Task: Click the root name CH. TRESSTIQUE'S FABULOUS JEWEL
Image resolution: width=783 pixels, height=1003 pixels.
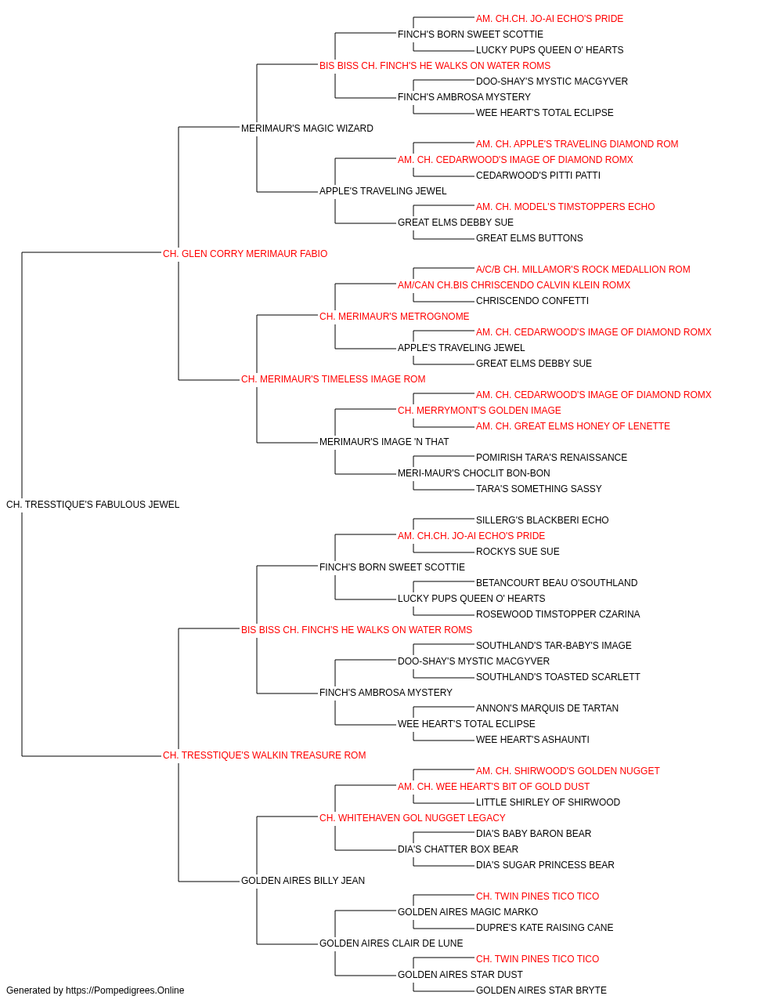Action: (92, 505)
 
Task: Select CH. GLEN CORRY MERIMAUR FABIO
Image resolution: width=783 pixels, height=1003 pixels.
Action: (245, 254)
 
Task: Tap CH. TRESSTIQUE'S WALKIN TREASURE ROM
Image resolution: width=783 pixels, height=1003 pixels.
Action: (264, 755)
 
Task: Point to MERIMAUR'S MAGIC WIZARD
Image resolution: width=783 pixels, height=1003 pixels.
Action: (307, 129)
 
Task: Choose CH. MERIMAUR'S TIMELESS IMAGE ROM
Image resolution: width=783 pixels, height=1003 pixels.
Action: (333, 379)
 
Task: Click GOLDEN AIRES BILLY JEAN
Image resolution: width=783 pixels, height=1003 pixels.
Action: (303, 881)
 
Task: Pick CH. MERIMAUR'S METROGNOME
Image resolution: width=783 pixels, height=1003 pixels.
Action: (395, 317)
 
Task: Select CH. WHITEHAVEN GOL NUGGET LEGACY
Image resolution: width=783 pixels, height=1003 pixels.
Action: (413, 818)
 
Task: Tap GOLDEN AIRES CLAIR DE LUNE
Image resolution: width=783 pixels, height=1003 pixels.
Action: (391, 943)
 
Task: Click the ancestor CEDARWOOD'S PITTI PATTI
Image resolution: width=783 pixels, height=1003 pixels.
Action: (538, 176)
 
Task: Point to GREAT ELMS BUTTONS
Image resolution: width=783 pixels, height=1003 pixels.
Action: (529, 238)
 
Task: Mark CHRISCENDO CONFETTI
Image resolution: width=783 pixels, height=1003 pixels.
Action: (532, 301)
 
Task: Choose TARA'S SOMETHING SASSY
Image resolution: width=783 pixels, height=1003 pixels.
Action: (539, 489)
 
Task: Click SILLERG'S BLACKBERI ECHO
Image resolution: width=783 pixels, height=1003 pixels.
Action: (543, 520)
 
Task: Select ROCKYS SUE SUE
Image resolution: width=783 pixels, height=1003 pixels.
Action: (518, 552)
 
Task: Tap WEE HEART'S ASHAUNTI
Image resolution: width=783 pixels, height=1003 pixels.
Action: (532, 740)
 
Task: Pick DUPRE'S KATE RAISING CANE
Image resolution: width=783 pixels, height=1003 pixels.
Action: (545, 928)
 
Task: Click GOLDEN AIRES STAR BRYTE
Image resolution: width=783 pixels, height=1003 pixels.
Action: (541, 990)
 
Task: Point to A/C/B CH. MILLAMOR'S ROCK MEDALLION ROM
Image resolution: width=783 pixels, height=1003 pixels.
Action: (583, 270)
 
